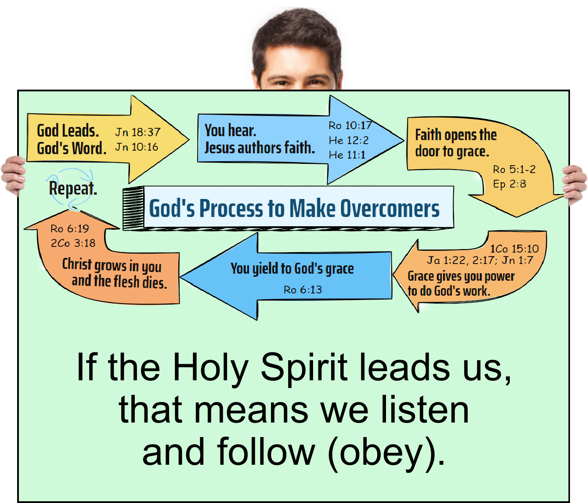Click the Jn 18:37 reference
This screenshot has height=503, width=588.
pos(138,132)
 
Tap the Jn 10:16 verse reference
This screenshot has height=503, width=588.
pos(137,147)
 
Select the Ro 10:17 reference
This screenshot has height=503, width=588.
pos(350,126)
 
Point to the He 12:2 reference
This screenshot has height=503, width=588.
pos(349,141)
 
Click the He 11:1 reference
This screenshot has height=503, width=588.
pos(347,155)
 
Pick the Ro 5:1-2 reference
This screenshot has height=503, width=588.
pos(514,169)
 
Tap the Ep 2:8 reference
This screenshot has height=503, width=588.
pos(509,184)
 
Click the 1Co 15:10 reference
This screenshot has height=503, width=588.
pos(514,249)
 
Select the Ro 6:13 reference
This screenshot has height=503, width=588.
pos(303,289)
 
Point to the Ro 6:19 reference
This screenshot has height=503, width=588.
pos(69,228)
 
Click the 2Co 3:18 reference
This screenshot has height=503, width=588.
pos(73,243)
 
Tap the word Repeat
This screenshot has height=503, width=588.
pos(73,188)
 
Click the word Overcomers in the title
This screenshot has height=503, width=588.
pos(390,209)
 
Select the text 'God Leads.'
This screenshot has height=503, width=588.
pos(68,130)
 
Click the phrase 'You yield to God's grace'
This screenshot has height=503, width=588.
pos(292,268)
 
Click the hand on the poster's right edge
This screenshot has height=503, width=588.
pos(575,185)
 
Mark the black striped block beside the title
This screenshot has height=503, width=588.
pos(133,208)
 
